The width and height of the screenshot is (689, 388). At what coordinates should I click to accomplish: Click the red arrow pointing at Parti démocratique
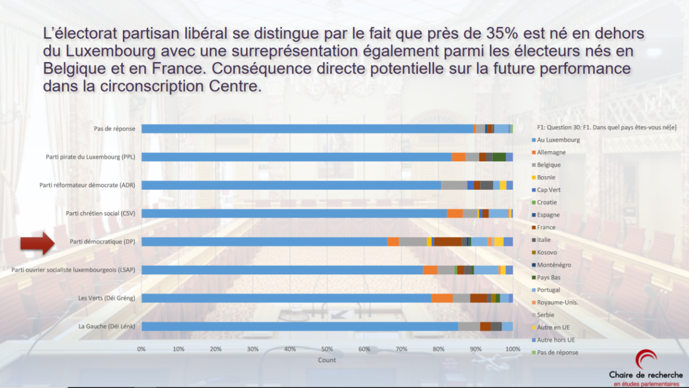[x=37, y=243]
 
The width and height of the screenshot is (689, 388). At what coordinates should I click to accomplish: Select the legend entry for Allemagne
[x=551, y=153]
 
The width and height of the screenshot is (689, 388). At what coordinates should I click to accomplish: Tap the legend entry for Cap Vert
[x=548, y=190]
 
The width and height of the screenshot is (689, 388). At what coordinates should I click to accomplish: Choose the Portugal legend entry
[x=548, y=290]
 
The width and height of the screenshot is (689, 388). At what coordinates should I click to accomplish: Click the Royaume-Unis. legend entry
[x=557, y=302]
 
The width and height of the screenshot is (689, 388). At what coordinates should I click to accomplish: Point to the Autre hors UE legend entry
[x=556, y=340]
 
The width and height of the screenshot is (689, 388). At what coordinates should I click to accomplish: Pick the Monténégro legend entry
[x=554, y=265]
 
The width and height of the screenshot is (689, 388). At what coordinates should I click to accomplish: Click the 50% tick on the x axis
[x=326, y=349]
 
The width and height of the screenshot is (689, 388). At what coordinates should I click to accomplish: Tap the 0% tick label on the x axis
[x=141, y=349]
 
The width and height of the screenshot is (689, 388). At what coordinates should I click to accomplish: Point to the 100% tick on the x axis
[x=513, y=349]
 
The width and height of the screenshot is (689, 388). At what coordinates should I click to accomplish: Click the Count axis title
[x=326, y=360]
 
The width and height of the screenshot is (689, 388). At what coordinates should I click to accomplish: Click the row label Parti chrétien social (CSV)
[x=100, y=213]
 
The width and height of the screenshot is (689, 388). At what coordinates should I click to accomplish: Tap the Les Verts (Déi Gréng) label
[x=106, y=298]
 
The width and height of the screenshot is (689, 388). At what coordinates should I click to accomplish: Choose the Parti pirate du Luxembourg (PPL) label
[x=90, y=157]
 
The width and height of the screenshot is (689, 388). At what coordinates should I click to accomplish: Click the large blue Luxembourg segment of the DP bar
[x=264, y=242]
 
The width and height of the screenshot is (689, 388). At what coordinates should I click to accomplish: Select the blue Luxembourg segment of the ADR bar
[x=290, y=185]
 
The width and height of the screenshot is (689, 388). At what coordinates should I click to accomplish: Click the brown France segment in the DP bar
[x=448, y=242]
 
